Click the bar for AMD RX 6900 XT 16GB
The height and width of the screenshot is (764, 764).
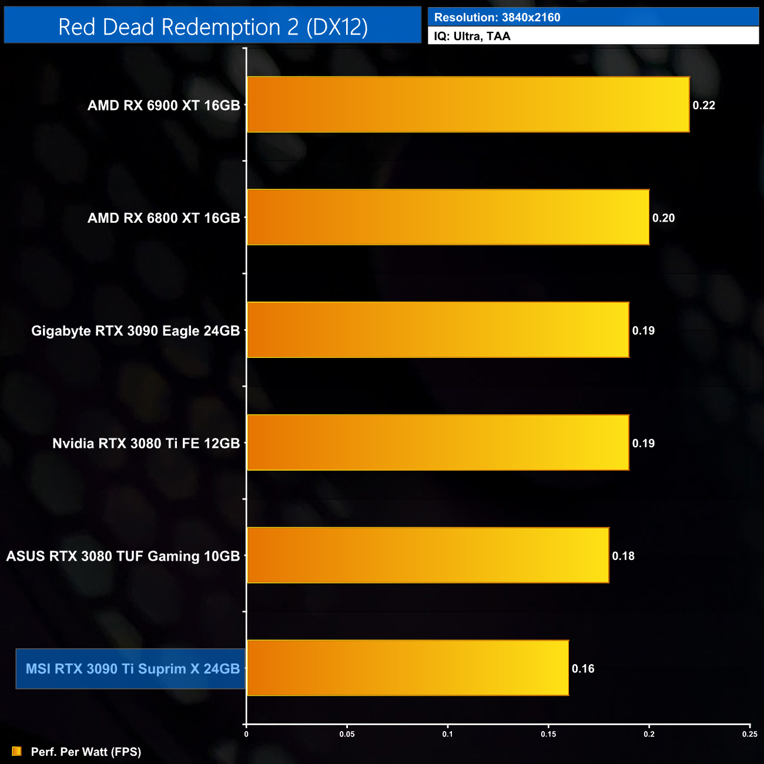coord(468,105)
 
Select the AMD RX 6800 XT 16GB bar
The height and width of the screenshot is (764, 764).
coord(448,217)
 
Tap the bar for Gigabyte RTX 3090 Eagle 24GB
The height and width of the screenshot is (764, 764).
coord(438,330)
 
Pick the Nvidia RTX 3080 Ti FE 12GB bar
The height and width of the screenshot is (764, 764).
coord(438,443)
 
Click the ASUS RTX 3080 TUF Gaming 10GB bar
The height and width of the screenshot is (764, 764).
coord(428,555)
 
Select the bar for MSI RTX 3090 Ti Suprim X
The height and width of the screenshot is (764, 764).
coord(408,668)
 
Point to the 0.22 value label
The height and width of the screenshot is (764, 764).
coord(703,105)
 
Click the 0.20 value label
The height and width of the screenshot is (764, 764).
coord(664,218)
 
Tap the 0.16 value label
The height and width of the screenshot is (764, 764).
coord(583,669)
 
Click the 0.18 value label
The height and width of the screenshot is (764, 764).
coord(623,556)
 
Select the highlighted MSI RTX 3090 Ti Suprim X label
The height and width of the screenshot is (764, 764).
coord(132,669)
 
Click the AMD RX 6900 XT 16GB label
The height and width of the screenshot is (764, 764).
coord(163,105)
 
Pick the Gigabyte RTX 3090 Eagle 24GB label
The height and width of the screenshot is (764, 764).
coord(135,331)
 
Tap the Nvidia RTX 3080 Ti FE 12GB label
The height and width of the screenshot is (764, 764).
coord(146,443)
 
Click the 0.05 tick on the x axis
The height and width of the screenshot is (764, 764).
coord(347,734)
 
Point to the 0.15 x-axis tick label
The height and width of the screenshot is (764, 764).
coord(548,734)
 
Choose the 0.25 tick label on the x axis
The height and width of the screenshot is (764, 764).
coord(749,734)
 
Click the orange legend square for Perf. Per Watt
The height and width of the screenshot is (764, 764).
coord(16,752)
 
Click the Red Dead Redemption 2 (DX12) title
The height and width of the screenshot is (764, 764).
coord(213,27)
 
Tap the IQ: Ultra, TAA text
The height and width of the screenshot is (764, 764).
coord(472,36)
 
